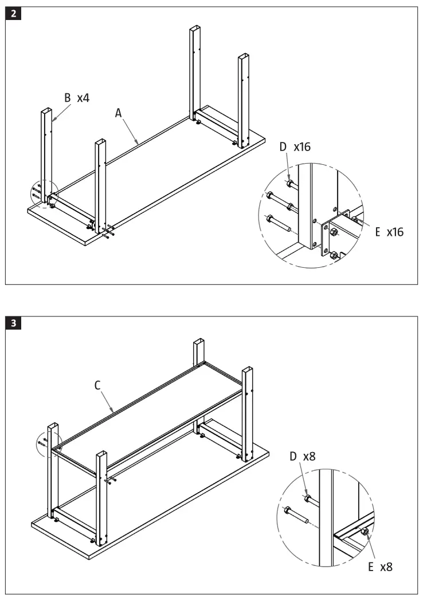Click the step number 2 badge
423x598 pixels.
click(13, 14)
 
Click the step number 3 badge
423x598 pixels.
click(13, 323)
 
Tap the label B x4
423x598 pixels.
click(76, 98)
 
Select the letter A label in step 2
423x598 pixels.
click(119, 113)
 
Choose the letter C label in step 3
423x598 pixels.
click(97, 385)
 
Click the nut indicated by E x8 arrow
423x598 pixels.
click(365, 532)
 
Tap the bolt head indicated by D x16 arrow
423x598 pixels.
click(291, 183)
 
